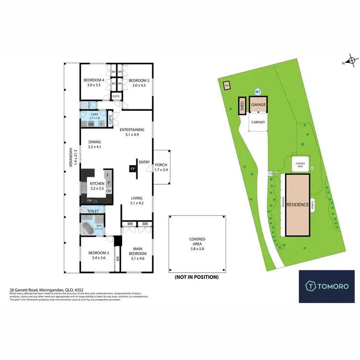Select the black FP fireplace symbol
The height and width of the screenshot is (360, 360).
click(132, 168)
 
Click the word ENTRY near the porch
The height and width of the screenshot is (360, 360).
click(144, 162)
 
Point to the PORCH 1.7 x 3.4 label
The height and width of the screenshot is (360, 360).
click(161, 168)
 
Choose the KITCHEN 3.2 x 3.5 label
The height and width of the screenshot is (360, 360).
click(97, 186)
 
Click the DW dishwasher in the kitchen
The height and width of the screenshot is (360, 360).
click(89, 200)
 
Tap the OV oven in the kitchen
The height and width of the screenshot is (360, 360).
click(109, 191)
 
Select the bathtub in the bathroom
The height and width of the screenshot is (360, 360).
click(89, 228)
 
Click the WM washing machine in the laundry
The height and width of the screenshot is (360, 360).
click(91, 124)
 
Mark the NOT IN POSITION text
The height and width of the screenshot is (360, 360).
click(197, 277)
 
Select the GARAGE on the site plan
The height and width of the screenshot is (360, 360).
click(258, 104)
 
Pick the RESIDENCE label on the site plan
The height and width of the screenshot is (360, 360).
click(298, 204)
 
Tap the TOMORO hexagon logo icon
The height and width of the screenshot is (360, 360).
click(311, 287)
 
